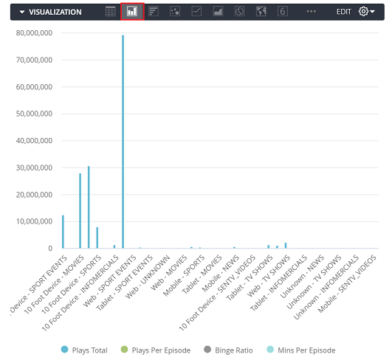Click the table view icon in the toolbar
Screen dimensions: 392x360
(111, 12)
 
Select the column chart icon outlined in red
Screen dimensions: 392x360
(132, 12)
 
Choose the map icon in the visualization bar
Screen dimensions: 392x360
(261, 12)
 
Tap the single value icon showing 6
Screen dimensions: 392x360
(283, 12)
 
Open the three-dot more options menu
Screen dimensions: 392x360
(312, 12)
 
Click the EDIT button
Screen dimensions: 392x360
(344, 12)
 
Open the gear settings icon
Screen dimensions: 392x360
(363, 12)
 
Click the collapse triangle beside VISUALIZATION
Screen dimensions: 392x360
(22, 12)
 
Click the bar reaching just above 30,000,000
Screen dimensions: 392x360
(89, 207)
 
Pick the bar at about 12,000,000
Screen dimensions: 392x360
(63, 232)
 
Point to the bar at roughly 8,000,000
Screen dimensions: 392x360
(97, 238)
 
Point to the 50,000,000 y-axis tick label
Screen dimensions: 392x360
(34, 114)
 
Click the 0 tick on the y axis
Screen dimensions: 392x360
(50, 249)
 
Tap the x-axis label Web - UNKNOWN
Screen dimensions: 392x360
(148, 277)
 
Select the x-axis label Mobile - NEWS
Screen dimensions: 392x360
(221, 274)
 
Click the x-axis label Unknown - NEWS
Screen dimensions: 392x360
(302, 277)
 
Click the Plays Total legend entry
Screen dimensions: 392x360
(84, 350)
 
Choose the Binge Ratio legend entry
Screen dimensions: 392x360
(228, 350)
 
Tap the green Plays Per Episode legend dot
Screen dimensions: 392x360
(124, 350)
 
